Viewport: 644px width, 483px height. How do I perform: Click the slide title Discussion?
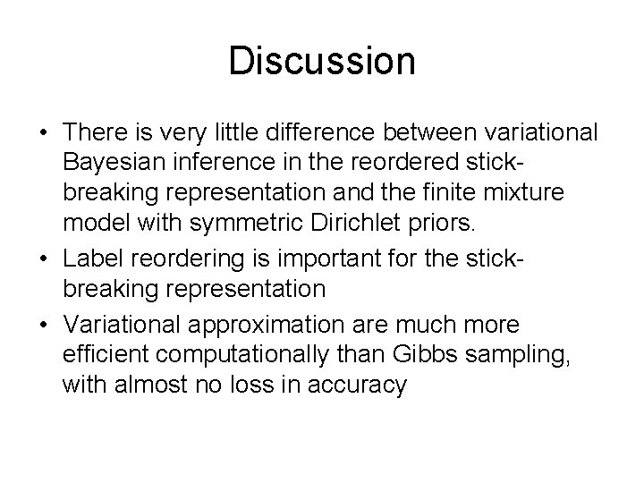click(x=322, y=61)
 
